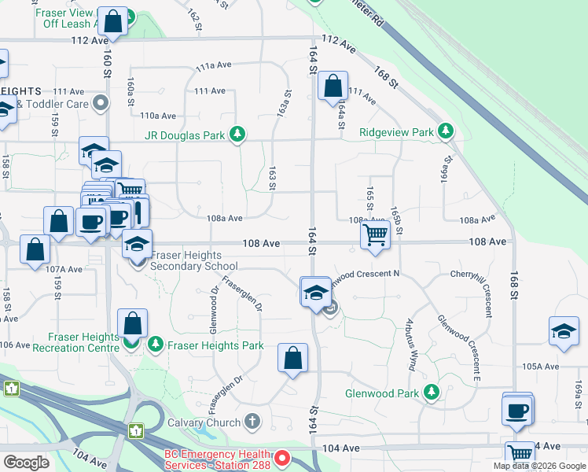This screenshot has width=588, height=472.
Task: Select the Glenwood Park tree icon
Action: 431,392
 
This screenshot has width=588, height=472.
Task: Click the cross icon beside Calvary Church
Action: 252,422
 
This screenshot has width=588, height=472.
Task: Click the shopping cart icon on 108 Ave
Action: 376,234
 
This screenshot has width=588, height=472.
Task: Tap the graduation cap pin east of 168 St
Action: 564,331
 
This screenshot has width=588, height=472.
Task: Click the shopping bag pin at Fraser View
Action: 113,22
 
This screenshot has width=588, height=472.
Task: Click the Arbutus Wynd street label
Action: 410,346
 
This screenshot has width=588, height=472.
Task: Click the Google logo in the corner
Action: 26,462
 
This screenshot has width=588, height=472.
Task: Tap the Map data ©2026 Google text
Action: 539,466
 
